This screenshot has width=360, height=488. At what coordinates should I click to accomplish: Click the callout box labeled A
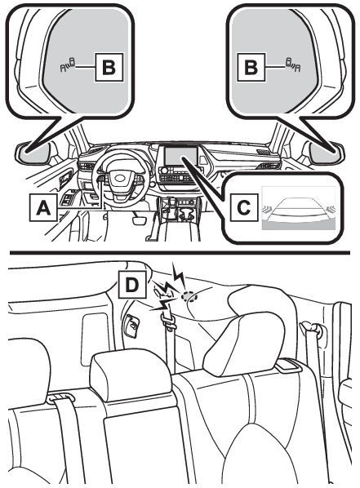(43, 207)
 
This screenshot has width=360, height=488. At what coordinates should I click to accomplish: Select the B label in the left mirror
(109, 68)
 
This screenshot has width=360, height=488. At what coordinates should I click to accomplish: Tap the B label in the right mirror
(251, 68)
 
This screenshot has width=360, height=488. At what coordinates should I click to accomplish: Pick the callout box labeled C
(244, 207)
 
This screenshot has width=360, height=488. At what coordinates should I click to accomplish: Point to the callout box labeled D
(132, 285)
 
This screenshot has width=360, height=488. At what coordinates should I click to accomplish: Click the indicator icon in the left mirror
(68, 64)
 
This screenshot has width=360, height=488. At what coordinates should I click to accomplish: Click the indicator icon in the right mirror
(293, 64)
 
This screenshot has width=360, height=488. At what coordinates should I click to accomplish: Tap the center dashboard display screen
(181, 156)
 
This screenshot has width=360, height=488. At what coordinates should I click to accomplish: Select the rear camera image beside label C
(299, 207)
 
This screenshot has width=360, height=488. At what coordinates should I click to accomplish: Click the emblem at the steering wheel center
(121, 179)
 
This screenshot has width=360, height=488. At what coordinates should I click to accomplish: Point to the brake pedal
(140, 220)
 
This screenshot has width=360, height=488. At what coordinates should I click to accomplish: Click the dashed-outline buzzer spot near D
(189, 296)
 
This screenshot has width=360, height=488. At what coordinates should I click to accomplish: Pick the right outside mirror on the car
(325, 152)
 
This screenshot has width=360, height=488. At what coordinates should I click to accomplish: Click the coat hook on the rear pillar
(132, 326)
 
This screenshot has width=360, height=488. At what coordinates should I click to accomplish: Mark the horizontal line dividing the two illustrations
(180, 253)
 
